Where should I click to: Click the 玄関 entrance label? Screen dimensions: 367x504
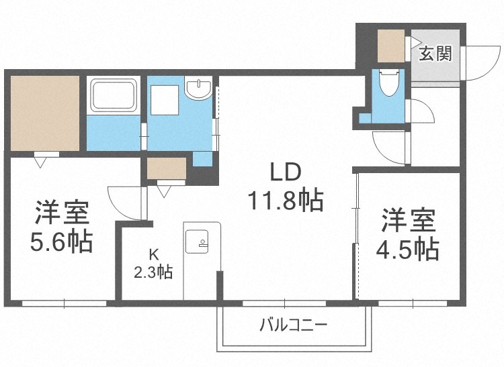435,54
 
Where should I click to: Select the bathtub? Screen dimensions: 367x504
114,95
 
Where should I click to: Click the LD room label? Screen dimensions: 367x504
284,172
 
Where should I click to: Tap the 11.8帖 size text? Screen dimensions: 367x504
284,200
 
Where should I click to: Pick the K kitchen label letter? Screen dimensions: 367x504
154,254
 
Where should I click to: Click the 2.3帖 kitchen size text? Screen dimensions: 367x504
154,272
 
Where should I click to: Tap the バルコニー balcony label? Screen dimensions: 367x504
294,327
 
